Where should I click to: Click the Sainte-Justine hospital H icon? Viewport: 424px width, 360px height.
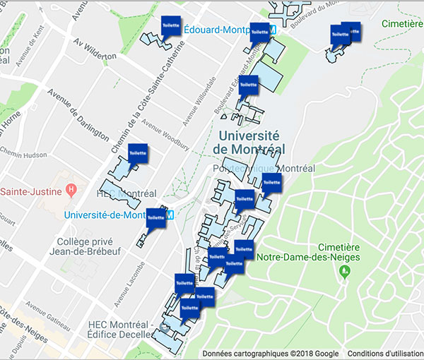(x=70, y=190)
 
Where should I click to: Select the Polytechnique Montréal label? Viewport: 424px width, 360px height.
(x=264, y=169)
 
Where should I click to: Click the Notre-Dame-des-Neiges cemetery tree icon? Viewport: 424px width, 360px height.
(x=344, y=272)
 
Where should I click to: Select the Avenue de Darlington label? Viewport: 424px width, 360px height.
(x=78, y=113)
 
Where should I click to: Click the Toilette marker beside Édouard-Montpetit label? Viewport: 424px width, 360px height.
(x=171, y=24)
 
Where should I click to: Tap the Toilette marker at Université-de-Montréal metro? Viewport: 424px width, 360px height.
(x=155, y=217)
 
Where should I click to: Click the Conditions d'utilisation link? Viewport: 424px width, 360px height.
(x=384, y=353)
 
